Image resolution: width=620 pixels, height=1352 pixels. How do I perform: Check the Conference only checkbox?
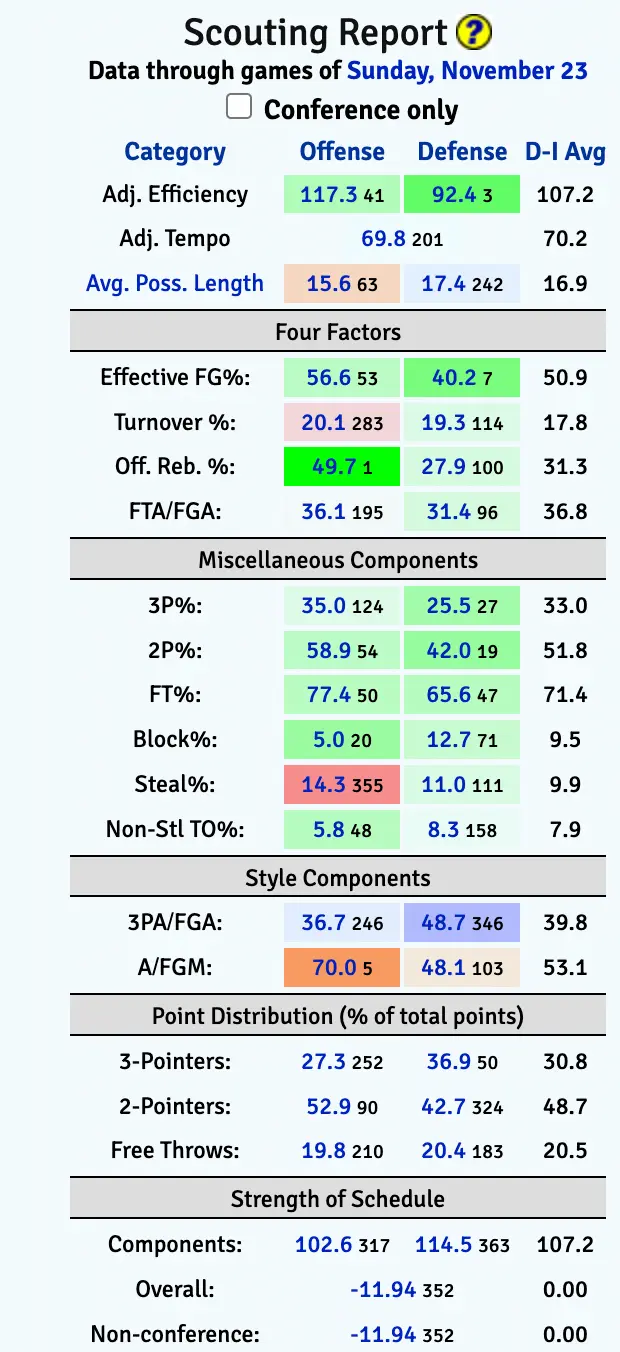click(239, 107)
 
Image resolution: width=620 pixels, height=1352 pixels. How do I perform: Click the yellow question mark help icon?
click(473, 34)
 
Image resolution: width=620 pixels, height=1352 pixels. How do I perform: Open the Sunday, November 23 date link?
click(467, 71)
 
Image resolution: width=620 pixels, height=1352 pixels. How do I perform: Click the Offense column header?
click(342, 152)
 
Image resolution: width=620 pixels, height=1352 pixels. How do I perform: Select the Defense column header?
click(462, 152)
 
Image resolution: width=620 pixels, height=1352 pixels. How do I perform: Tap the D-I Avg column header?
click(565, 152)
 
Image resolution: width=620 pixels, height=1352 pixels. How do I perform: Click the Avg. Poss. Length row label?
click(175, 284)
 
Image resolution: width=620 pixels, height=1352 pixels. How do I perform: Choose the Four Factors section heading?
click(337, 332)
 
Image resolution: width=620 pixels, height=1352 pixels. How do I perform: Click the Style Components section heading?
click(337, 879)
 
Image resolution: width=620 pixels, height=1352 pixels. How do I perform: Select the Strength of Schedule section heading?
click(337, 1199)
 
